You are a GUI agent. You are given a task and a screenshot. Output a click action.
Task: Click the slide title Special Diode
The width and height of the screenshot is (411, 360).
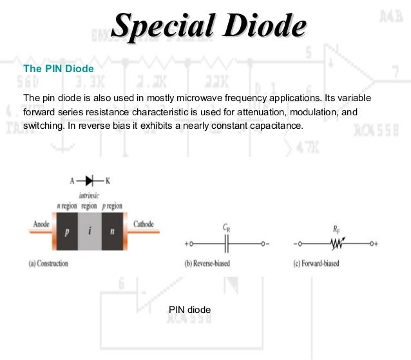[x=208, y=27]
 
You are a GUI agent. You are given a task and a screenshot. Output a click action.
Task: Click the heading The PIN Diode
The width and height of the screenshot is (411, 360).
[x=59, y=67]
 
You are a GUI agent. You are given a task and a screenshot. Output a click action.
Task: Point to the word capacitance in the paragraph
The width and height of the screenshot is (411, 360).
[x=273, y=125]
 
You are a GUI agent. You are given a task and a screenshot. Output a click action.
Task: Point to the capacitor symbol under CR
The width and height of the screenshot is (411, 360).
[x=225, y=244]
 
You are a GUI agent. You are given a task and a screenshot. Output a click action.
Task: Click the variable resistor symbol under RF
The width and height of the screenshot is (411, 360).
[x=336, y=244]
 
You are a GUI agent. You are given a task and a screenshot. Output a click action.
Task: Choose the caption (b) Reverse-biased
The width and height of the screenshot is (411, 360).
[x=207, y=263]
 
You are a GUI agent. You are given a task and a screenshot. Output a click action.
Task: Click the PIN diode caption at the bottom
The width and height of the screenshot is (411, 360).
[x=189, y=310]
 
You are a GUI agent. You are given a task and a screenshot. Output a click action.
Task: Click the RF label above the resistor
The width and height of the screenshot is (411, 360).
[x=336, y=228]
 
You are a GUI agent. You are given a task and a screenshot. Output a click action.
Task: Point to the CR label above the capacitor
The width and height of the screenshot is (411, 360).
[x=226, y=228]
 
